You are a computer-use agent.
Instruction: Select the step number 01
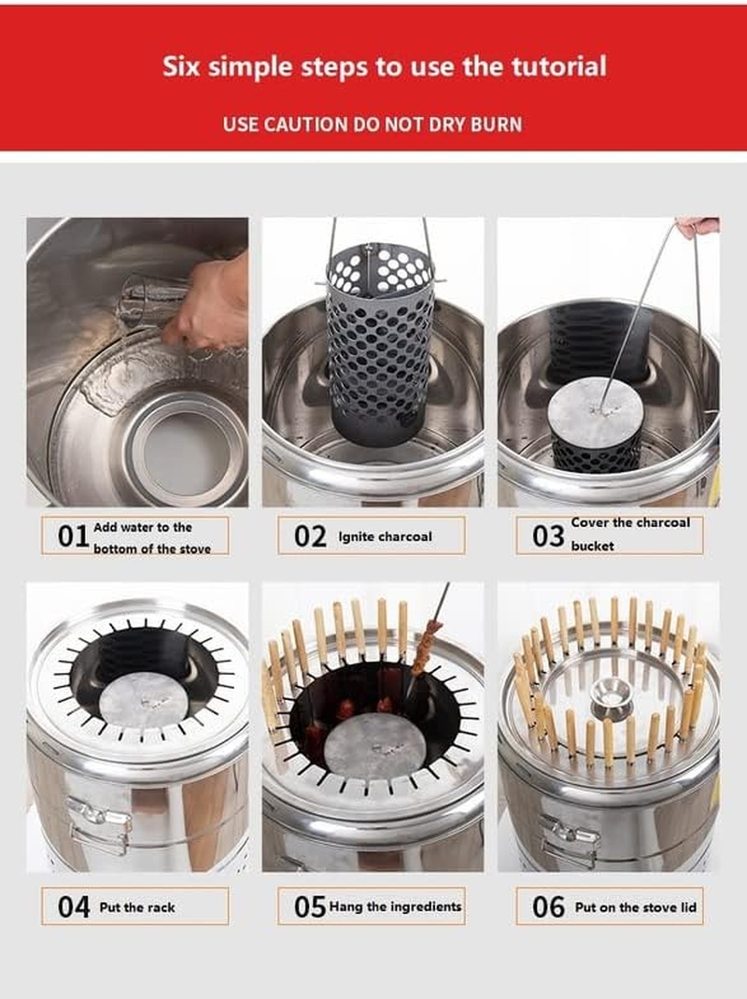[x=73, y=536]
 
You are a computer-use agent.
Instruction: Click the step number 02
[x=310, y=536]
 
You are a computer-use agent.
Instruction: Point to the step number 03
[x=548, y=536]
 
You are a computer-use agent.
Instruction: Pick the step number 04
[x=73, y=906]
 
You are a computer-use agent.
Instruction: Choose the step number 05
[x=310, y=906]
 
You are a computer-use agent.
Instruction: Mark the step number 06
[x=548, y=906]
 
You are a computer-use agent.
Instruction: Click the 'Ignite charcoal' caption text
[x=385, y=537]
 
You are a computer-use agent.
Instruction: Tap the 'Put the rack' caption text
[x=137, y=907]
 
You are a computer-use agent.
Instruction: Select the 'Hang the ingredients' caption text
[x=396, y=906]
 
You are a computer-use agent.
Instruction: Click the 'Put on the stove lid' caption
[x=636, y=907]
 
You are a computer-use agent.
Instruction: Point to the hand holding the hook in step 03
[x=698, y=226]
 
